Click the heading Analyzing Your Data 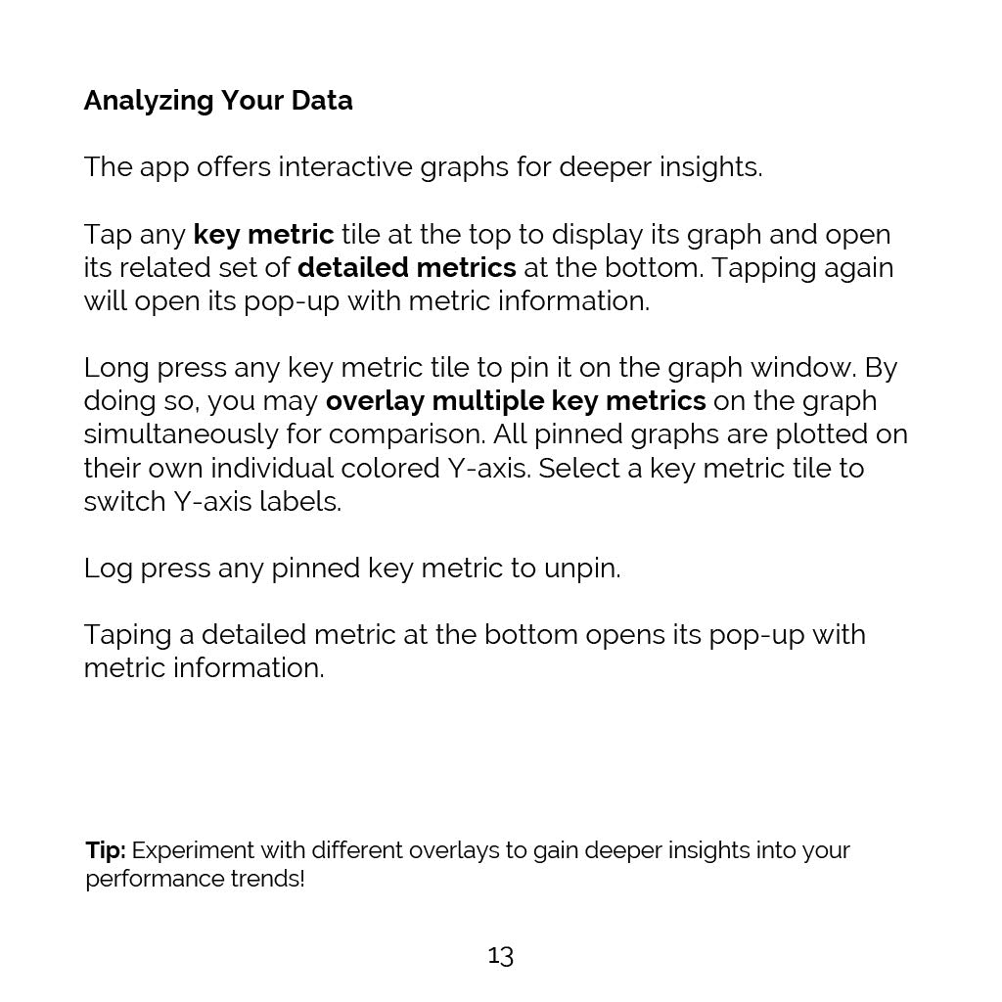click(x=218, y=101)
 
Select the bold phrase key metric click(x=263, y=235)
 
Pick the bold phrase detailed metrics click(x=406, y=268)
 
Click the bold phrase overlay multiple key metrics click(x=516, y=401)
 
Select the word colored click(x=384, y=469)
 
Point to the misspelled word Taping click(x=127, y=635)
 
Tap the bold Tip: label click(x=105, y=849)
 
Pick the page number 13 click(x=500, y=955)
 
